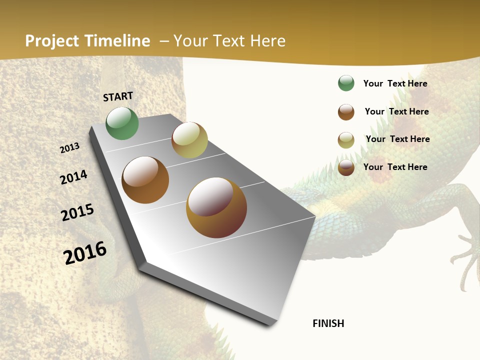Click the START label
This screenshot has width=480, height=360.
pyautogui.click(x=118, y=96)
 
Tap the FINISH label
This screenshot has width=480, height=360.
pyautogui.click(x=328, y=323)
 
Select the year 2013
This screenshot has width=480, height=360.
pyautogui.click(x=70, y=147)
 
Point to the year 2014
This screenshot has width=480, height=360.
pyautogui.click(x=74, y=177)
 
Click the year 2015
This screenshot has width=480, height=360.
pyautogui.click(x=77, y=212)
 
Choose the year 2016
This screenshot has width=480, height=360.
pyautogui.click(x=85, y=252)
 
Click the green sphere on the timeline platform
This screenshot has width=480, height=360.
pyautogui.click(x=122, y=123)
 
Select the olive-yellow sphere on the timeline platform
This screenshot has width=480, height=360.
pyautogui.click(x=189, y=140)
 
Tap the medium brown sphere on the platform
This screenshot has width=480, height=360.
pyautogui.click(x=145, y=180)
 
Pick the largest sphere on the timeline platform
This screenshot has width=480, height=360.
pyautogui.click(x=216, y=207)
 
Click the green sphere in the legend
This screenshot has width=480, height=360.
pyautogui.click(x=346, y=83)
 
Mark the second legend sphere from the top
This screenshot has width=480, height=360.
pyautogui.click(x=346, y=112)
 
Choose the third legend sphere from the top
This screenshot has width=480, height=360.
pyautogui.click(x=346, y=140)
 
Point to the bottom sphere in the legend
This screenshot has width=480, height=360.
pyautogui.click(x=346, y=167)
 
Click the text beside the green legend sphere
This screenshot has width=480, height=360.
pyautogui.click(x=395, y=83)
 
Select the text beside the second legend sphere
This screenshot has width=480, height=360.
pyautogui.click(x=397, y=111)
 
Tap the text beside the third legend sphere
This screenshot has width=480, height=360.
pyautogui.click(x=398, y=139)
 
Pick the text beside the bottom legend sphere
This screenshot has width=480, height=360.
pyautogui.click(x=395, y=167)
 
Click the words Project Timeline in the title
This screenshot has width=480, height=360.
pyautogui.click(x=87, y=41)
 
